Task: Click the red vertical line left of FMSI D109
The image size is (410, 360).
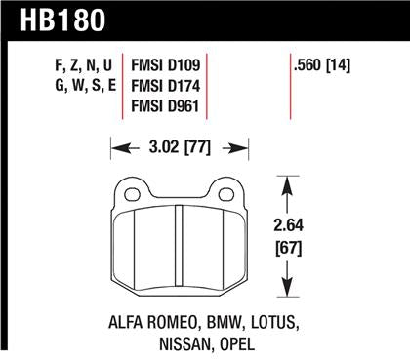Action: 122,89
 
